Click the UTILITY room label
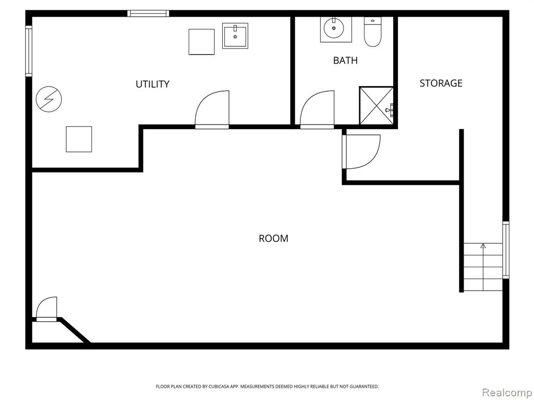click(x=152, y=84)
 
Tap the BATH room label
click(x=345, y=60)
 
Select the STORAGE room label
click(x=441, y=83)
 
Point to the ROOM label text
click(x=273, y=239)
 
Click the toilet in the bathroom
click(x=372, y=32)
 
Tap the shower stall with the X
click(x=377, y=105)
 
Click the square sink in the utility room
click(x=235, y=36)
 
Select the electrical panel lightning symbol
click(x=48, y=99)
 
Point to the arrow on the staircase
click(x=483, y=267)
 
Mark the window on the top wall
click(x=148, y=14)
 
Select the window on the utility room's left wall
click(x=29, y=51)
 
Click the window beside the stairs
click(x=506, y=250)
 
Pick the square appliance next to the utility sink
click(x=202, y=42)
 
